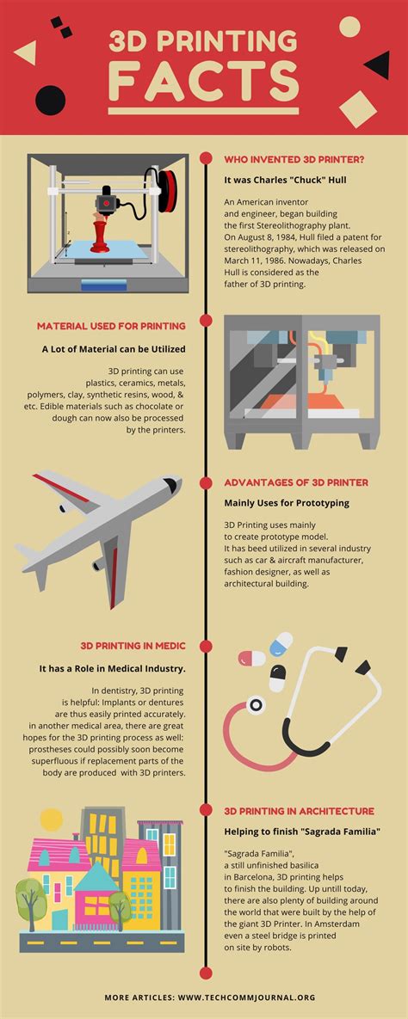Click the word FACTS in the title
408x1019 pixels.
(204, 83)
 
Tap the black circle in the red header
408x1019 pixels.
(50, 101)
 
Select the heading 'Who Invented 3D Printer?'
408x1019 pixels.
(294, 159)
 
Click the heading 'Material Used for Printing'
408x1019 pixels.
(111, 326)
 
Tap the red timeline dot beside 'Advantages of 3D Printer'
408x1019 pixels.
(206, 482)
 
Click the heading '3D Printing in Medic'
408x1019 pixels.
(133, 645)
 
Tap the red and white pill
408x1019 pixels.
(251, 658)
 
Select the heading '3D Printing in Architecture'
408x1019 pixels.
(299, 810)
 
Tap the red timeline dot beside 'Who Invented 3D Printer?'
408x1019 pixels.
(206, 158)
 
